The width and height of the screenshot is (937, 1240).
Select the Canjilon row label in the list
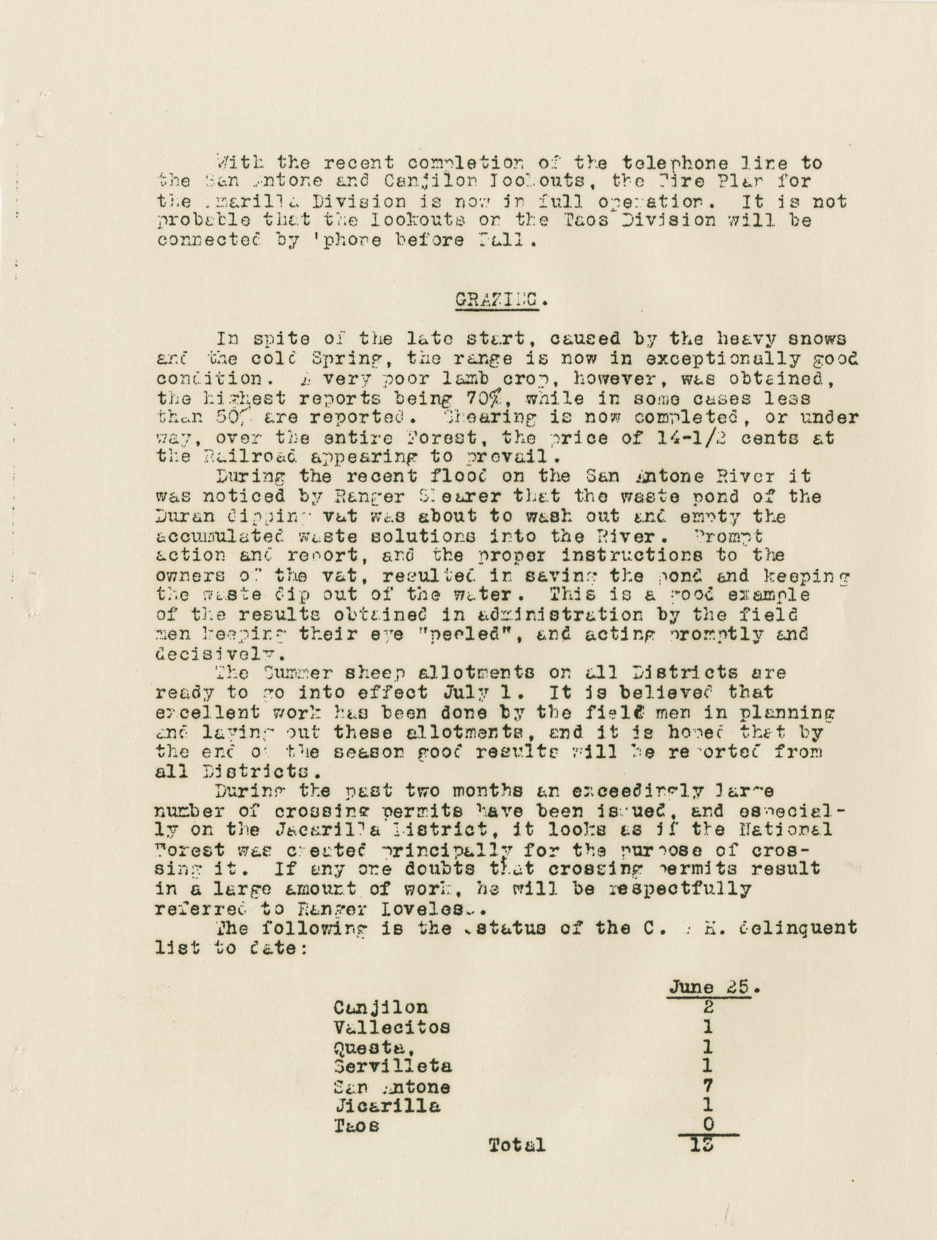[x=381, y=1007]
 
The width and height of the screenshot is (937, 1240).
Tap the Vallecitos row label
[x=391, y=1027]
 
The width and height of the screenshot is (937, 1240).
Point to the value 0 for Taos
[x=708, y=1125]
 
